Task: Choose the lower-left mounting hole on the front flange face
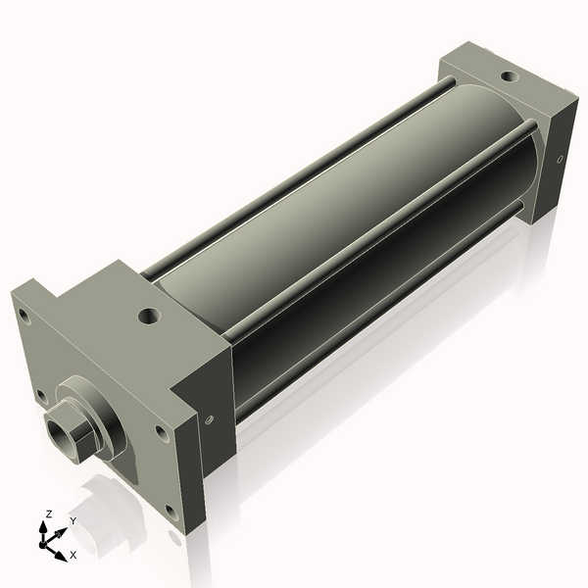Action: click(41, 395)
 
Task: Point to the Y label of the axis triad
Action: click(72, 521)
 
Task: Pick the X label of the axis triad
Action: click(73, 555)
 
